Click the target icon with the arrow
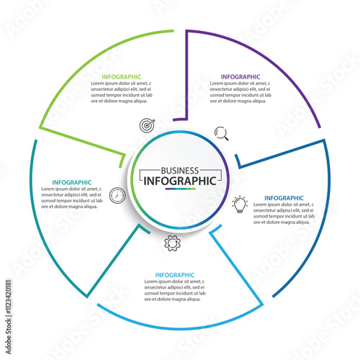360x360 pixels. [148, 125]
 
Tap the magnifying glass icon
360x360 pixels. [222, 133]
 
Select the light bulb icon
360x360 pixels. [240, 204]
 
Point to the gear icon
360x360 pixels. [172, 243]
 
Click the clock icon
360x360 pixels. [117, 195]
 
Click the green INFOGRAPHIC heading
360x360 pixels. [122, 77]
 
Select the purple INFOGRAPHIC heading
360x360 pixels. [240, 77]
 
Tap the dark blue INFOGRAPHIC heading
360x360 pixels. [284, 198]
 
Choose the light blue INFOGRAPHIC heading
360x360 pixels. [175, 275]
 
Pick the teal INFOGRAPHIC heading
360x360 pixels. [72, 182]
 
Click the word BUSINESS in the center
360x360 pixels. [180, 171]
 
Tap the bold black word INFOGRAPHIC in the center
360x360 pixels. [180, 181]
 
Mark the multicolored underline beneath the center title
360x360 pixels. [181, 189]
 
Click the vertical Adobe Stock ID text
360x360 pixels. [9, 317]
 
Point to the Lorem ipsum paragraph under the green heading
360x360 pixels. [122, 92]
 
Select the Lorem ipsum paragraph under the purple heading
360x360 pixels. [240, 92]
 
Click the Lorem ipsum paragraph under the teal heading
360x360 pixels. [72, 198]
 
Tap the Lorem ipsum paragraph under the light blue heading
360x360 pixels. [175, 290]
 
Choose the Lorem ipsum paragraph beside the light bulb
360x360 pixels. [284, 213]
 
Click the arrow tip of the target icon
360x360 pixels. [155, 120]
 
